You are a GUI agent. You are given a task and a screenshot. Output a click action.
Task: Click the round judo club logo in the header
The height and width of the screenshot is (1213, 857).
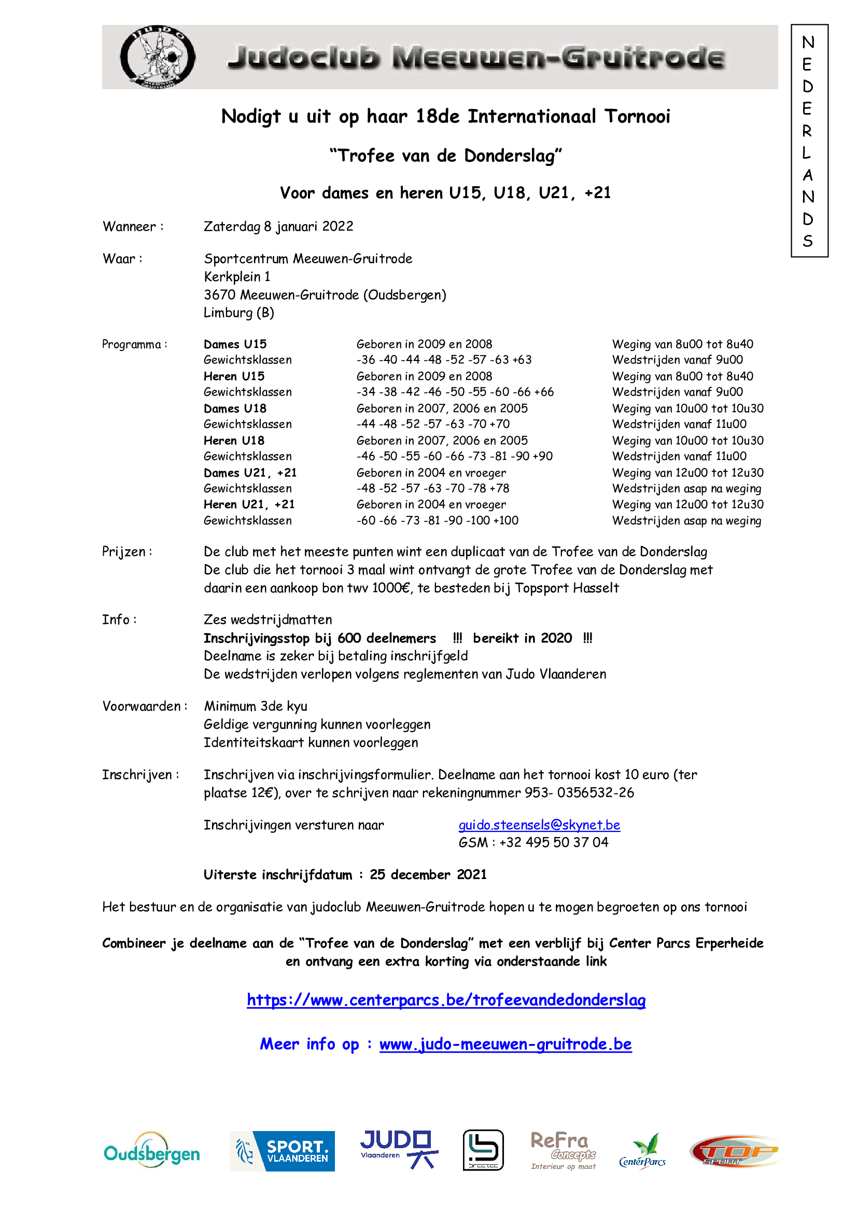pyautogui.click(x=158, y=57)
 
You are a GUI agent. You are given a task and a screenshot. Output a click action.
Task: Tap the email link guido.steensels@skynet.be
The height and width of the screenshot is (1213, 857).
pyautogui.click(x=539, y=825)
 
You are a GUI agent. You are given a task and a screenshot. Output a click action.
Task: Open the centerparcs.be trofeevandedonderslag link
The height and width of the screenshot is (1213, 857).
pyautogui.click(x=446, y=999)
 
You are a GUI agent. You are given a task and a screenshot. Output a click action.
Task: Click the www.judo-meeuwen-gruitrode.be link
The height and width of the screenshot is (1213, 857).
pyautogui.click(x=505, y=1044)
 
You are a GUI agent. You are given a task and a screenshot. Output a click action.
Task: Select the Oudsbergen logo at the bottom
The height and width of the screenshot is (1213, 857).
pyautogui.click(x=151, y=1152)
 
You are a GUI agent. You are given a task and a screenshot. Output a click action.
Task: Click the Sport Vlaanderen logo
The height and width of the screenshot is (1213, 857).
pyautogui.click(x=282, y=1151)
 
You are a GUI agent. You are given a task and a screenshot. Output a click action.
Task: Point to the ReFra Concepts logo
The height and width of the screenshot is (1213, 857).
pyautogui.click(x=563, y=1150)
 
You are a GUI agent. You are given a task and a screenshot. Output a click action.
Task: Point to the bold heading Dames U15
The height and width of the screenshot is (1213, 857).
pyautogui.click(x=235, y=344)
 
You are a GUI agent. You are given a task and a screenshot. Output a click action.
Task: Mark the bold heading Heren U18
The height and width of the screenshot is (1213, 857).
pyautogui.click(x=234, y=440)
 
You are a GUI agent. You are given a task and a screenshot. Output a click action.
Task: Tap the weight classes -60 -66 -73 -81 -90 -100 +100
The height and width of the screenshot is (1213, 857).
pyautogui.click(x=437, y=520)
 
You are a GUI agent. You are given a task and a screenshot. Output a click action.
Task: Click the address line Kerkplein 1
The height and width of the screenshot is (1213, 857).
pyautogui.click(x=237, y=276)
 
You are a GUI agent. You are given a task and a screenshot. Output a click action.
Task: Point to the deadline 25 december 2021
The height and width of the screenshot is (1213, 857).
pyautogui.click(x=428, y=874)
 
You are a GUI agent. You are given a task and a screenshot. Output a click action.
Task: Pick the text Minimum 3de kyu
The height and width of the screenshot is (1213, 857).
pyautogui.click(x=256, y=706)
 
